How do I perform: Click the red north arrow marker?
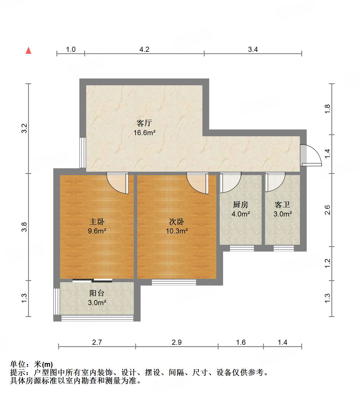tap(28, 50)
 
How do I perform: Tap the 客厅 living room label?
tap(144, 123)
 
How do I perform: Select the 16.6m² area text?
tap(144, 132)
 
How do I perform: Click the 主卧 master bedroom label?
tap(97, 222)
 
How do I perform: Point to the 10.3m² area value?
tap(177, 231)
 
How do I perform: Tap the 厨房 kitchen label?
tap(240, 205)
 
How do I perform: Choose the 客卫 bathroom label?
tap(282, 205)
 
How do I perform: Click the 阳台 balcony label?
tap(97, 293)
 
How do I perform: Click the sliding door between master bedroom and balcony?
tap(92, 281)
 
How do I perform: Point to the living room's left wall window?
tap(82, 152)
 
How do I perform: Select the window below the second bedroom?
tap(174, 282)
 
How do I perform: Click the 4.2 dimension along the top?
tap(144, 50)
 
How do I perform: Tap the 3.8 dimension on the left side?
tap(24, 227)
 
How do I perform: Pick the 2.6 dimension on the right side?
tap(327, 210)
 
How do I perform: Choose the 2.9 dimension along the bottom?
tap(177, 342)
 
